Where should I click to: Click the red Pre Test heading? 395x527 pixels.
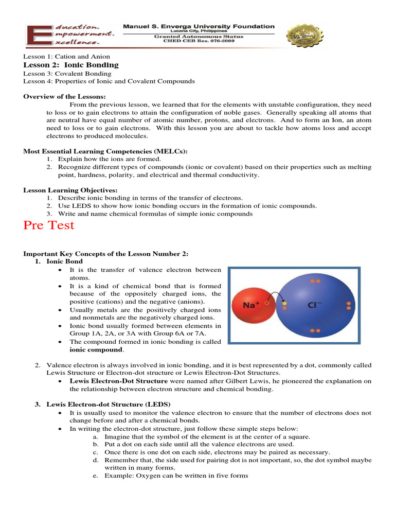click(x=49, y=225)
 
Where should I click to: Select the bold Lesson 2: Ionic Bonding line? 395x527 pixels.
click(x=71, y=65)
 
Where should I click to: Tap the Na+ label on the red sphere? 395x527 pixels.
click(x=250, y=305)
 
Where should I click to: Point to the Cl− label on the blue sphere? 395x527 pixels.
click(x=315, y=305)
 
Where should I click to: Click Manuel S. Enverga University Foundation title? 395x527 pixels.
click(x=199, y=27)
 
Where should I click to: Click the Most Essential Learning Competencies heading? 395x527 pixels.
click(x=105, y=151)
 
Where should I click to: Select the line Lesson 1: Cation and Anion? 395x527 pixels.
click(x=66, y=57)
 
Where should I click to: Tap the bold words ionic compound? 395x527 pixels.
click(x=96, y=350)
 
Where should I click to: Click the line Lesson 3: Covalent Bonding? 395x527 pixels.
click(x=67, y=74)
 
